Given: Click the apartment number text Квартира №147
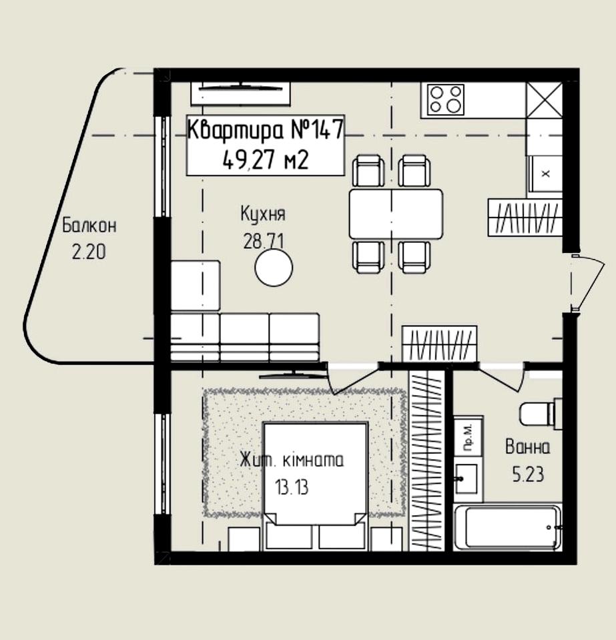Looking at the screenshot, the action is tap(266, 129).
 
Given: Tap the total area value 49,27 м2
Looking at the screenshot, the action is tap(266, 159).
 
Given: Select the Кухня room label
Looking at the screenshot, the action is tap(263, 214).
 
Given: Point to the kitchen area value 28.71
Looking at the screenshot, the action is tap(264, 241).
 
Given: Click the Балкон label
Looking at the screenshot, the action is tap(89, 226).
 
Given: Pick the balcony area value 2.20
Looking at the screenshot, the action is tap(89, 252).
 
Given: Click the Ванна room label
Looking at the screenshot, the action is tap(527, 447).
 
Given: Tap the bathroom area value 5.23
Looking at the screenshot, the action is tap(528, 474).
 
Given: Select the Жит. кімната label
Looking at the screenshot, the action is tap(292, 460).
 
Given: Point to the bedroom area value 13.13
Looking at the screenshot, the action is tap(292, 487).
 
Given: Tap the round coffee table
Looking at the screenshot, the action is tap(274, 268).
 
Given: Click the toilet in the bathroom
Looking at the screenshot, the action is tap(540, 414).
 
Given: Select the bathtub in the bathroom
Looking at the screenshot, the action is tap(508, 527).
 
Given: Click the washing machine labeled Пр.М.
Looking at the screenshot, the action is tap(469, 436).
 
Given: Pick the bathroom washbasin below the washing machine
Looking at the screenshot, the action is tap(467, 478).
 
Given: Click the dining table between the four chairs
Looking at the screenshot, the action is tap(396, 214).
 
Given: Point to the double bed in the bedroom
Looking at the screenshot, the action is tap(315, 486).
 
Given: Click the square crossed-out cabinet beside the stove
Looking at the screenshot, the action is tap(544, 100).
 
